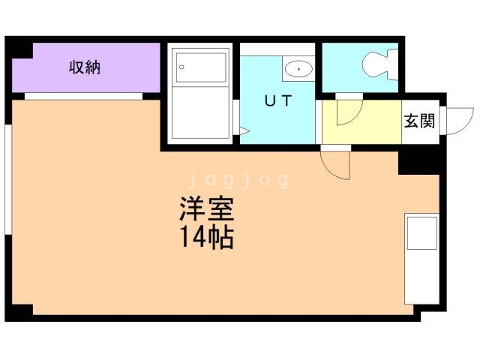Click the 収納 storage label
pyautogui.click(x=85, y=68)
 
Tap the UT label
pyautogui.click(x=277, y=101)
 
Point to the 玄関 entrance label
pyautogui.click(x=419, y=120)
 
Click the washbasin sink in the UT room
pyautogui.click(x=298, y=70)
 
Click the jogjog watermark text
pyautogui.click(x=238, y=179)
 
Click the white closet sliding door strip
pyautogui.click(x=83, y=96)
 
